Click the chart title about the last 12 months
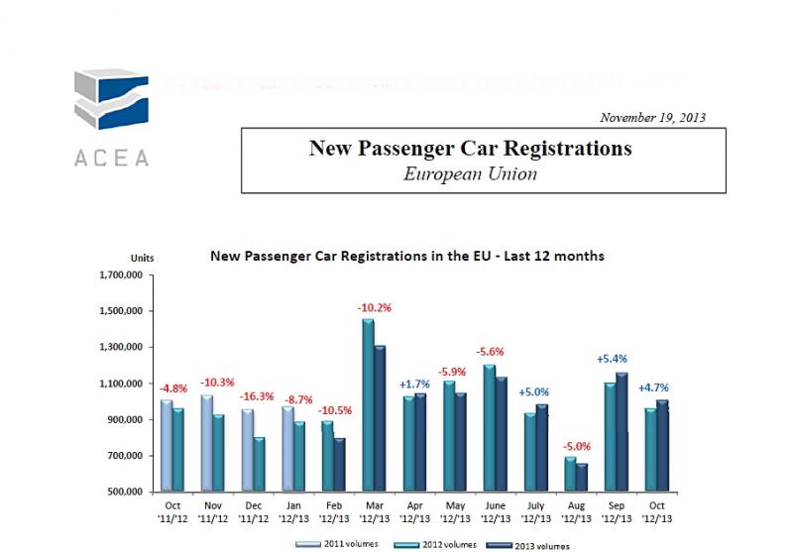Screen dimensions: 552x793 pyautogui.click(x=407, y=256)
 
